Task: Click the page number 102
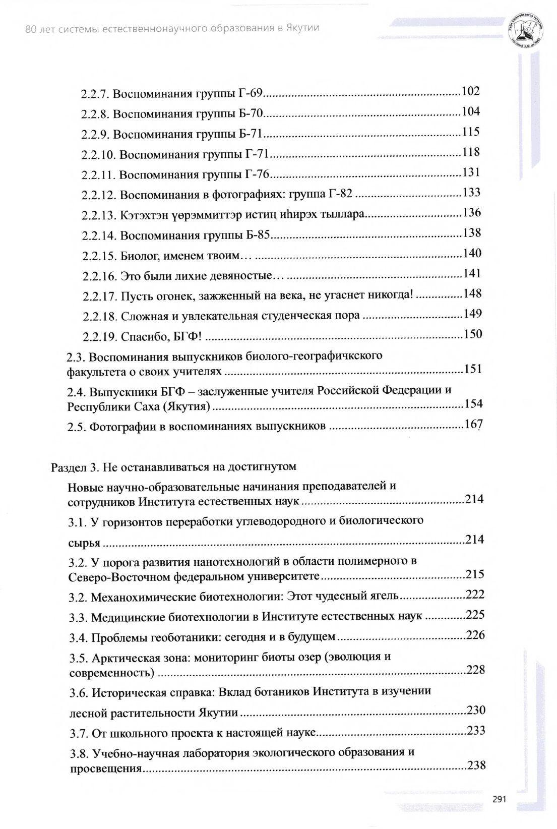(470, 91)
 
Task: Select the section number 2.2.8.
(95, 114)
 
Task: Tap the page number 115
(470, 132)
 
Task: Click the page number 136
(471, 213)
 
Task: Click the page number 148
(472, 293)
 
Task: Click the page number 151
(473, 369)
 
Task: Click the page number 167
(473, 424)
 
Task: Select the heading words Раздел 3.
(74, 467)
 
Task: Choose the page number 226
(475, 635)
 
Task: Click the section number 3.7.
(79, 733)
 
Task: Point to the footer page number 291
(499, 799)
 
